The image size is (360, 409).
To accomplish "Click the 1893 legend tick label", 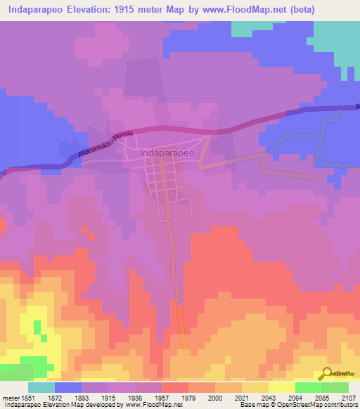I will tap(94, 397).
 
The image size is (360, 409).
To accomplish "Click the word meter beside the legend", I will tap(11, 397).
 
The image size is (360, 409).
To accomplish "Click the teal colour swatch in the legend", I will tap(41, 387).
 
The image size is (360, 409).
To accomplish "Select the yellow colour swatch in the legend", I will tap(281, 387).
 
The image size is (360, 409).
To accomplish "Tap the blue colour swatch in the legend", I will tap(67, 387).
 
